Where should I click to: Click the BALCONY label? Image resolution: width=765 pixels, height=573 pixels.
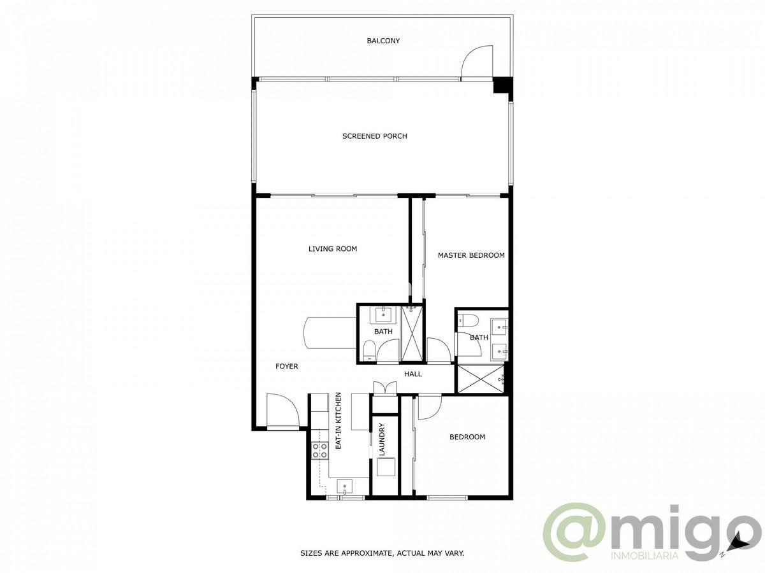[383, 41]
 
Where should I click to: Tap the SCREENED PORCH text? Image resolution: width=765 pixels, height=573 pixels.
[374, 136]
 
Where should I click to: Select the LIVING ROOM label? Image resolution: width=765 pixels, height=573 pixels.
[333, 249]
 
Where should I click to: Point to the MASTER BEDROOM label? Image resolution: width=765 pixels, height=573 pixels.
[471, 255]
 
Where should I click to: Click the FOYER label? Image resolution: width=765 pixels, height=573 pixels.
[287, 367]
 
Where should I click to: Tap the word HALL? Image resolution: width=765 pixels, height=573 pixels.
[413, 374]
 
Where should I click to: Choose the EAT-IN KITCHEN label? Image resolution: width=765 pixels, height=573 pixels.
[339, 421]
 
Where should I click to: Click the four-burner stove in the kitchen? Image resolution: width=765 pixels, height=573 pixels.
[320, 451]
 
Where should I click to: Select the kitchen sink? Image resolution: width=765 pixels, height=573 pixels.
[344, 487]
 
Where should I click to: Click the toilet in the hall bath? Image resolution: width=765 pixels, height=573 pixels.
[368, 350]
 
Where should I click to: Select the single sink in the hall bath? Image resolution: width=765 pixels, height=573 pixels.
[384, 313]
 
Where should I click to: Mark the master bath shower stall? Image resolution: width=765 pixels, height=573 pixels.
[480, 378]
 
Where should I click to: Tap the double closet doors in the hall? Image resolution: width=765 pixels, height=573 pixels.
[384, 388]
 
